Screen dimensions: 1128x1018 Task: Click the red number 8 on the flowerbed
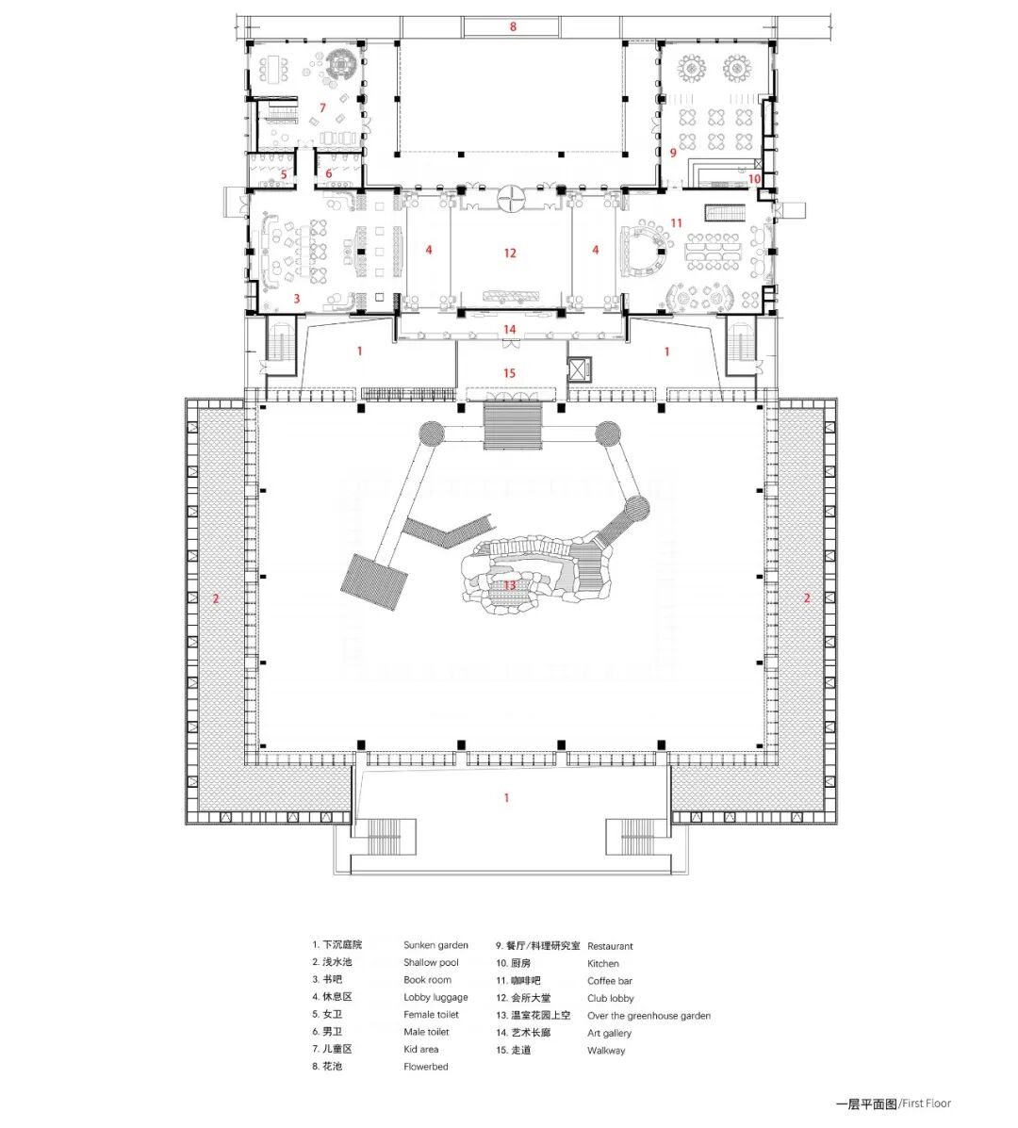(x=514, y=27)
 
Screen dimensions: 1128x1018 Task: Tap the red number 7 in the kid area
(x=322, y=108)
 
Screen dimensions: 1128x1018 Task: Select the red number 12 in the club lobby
(x=510, y=253)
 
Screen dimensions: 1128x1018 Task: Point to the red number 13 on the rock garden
(x=510, y=585)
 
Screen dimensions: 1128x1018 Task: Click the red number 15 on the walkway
(x=509, y=373)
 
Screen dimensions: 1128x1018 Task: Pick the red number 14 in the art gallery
(x=510, y=329)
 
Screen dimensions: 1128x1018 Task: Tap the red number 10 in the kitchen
(x=754, y=178)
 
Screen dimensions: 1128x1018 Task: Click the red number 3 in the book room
(x=297, y=299)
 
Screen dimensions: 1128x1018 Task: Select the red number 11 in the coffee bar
(x=676, y=223)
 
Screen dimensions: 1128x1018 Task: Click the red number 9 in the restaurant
(x=673, y=152)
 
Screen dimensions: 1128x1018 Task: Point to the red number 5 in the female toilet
(x=283, y=174)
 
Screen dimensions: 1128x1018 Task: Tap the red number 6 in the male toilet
(x=329, y=173)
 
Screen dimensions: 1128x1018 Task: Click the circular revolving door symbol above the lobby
(x=510, y=196)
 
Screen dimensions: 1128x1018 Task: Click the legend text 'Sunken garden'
(x=435, y=945)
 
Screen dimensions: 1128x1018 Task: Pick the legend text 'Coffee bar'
(x=610, y=981)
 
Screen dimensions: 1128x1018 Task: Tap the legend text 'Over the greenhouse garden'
(x=649, y=1016)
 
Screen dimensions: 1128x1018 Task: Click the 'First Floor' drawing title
(x=925, y=1103)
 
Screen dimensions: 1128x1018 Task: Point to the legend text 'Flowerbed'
(x=425, y=1067)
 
